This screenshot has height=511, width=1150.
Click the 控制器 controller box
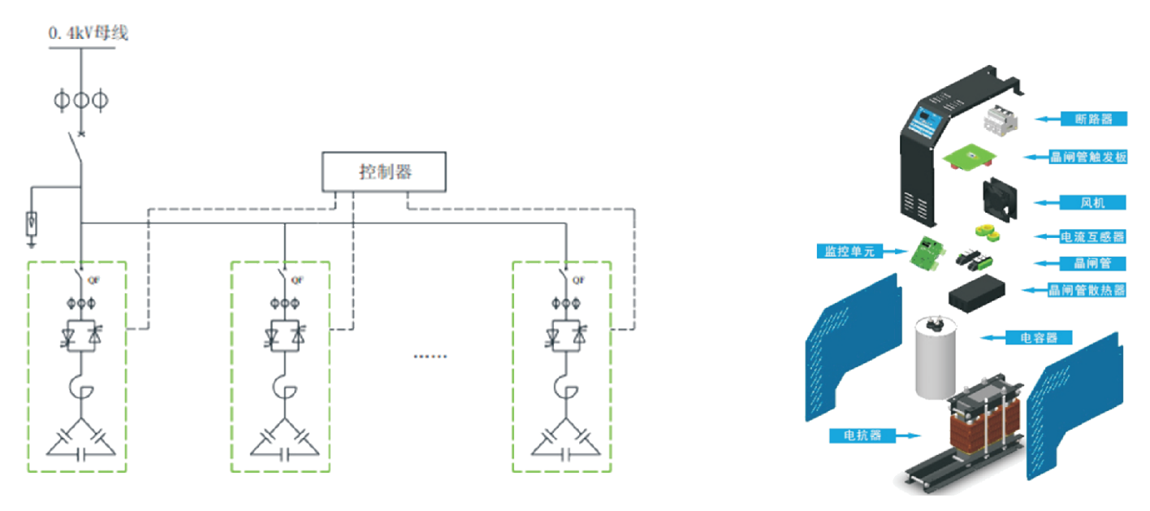point(384,171)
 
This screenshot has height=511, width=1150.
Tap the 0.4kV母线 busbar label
point(89,34)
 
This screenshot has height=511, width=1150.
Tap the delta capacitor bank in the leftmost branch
point(80,440)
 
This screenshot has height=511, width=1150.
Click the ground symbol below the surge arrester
point(32,240)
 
